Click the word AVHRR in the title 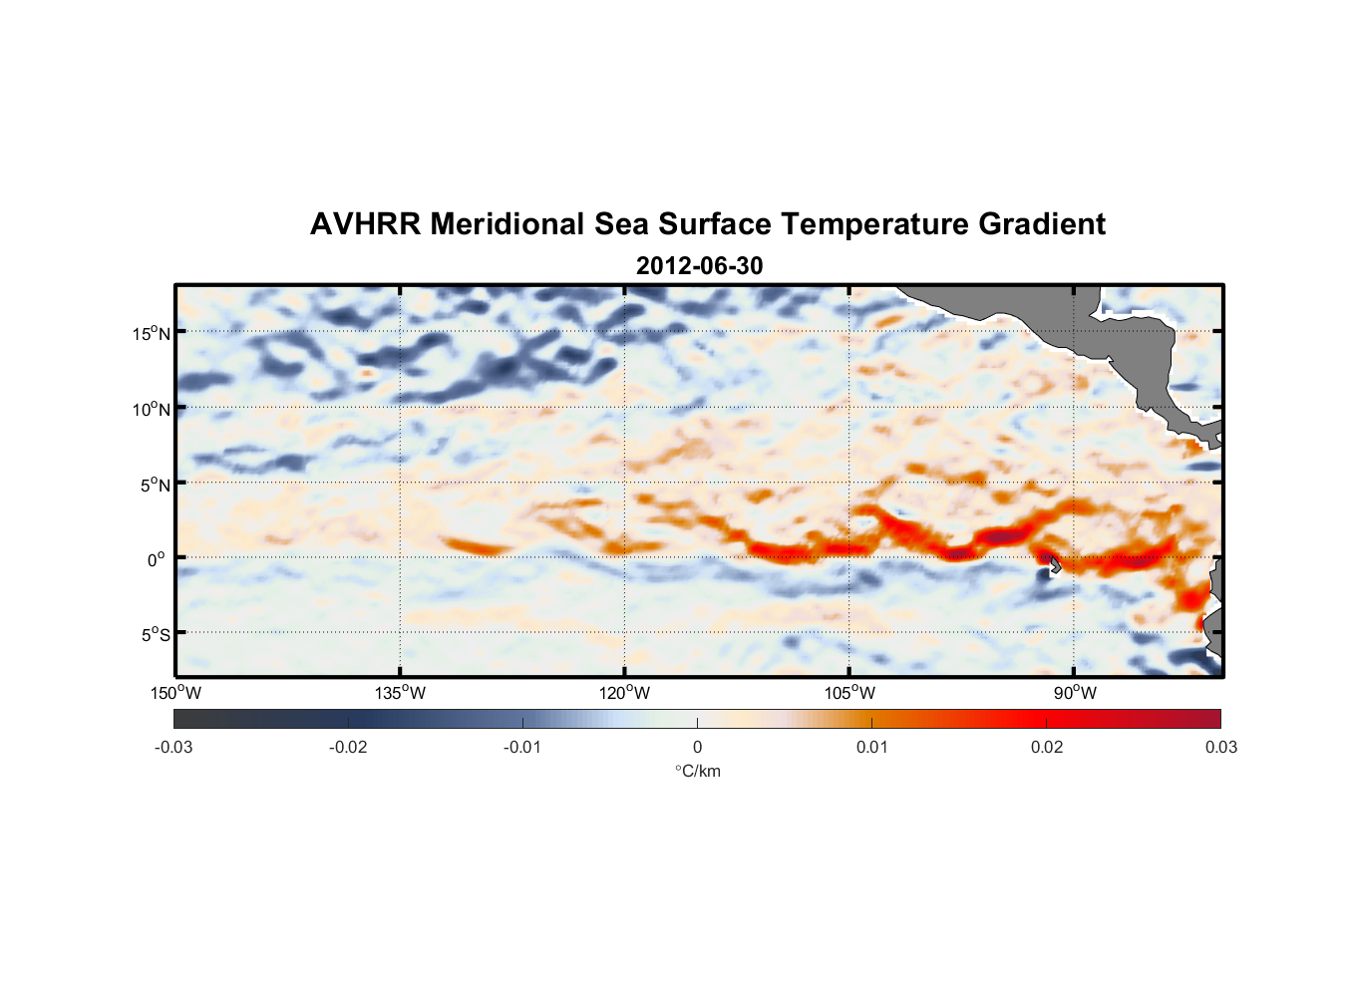click(365, 224)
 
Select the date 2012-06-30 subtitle click(699, 266)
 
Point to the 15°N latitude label click(152, 333)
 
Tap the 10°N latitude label click(152, 409)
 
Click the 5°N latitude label click(155, 485)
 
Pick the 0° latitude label click(157, 560)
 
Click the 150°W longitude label click(175, 693)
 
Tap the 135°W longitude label click(400, 693)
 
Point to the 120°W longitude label click(624, 693)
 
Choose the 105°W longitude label click(849, 693)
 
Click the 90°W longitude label click(1075, 693)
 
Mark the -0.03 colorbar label click(173, 747)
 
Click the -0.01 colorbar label click(522, 747)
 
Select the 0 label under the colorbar click(697, 747)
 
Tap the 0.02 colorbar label click(1047, 747)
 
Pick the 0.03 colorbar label click(1220, 747)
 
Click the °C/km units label click(698, 771)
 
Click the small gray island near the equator click(1054, 565)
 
